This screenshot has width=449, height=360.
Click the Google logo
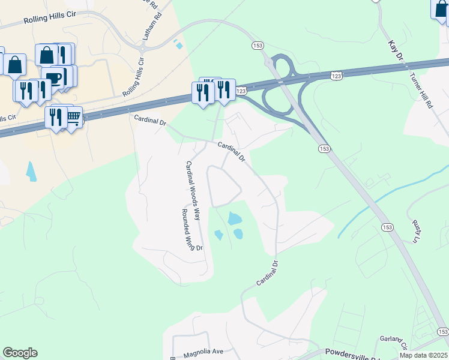pos(20,353)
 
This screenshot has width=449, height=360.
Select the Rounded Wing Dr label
pos(192,230)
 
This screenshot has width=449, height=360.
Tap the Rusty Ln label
pos(415,231)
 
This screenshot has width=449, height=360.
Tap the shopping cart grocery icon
pos(73,117)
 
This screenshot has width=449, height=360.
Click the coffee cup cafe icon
pos(54,79)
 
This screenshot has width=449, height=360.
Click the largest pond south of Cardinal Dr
pos(235,218)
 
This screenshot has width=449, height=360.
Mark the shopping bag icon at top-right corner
pos(440,8)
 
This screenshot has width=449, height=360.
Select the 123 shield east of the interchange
pos(336,75)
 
